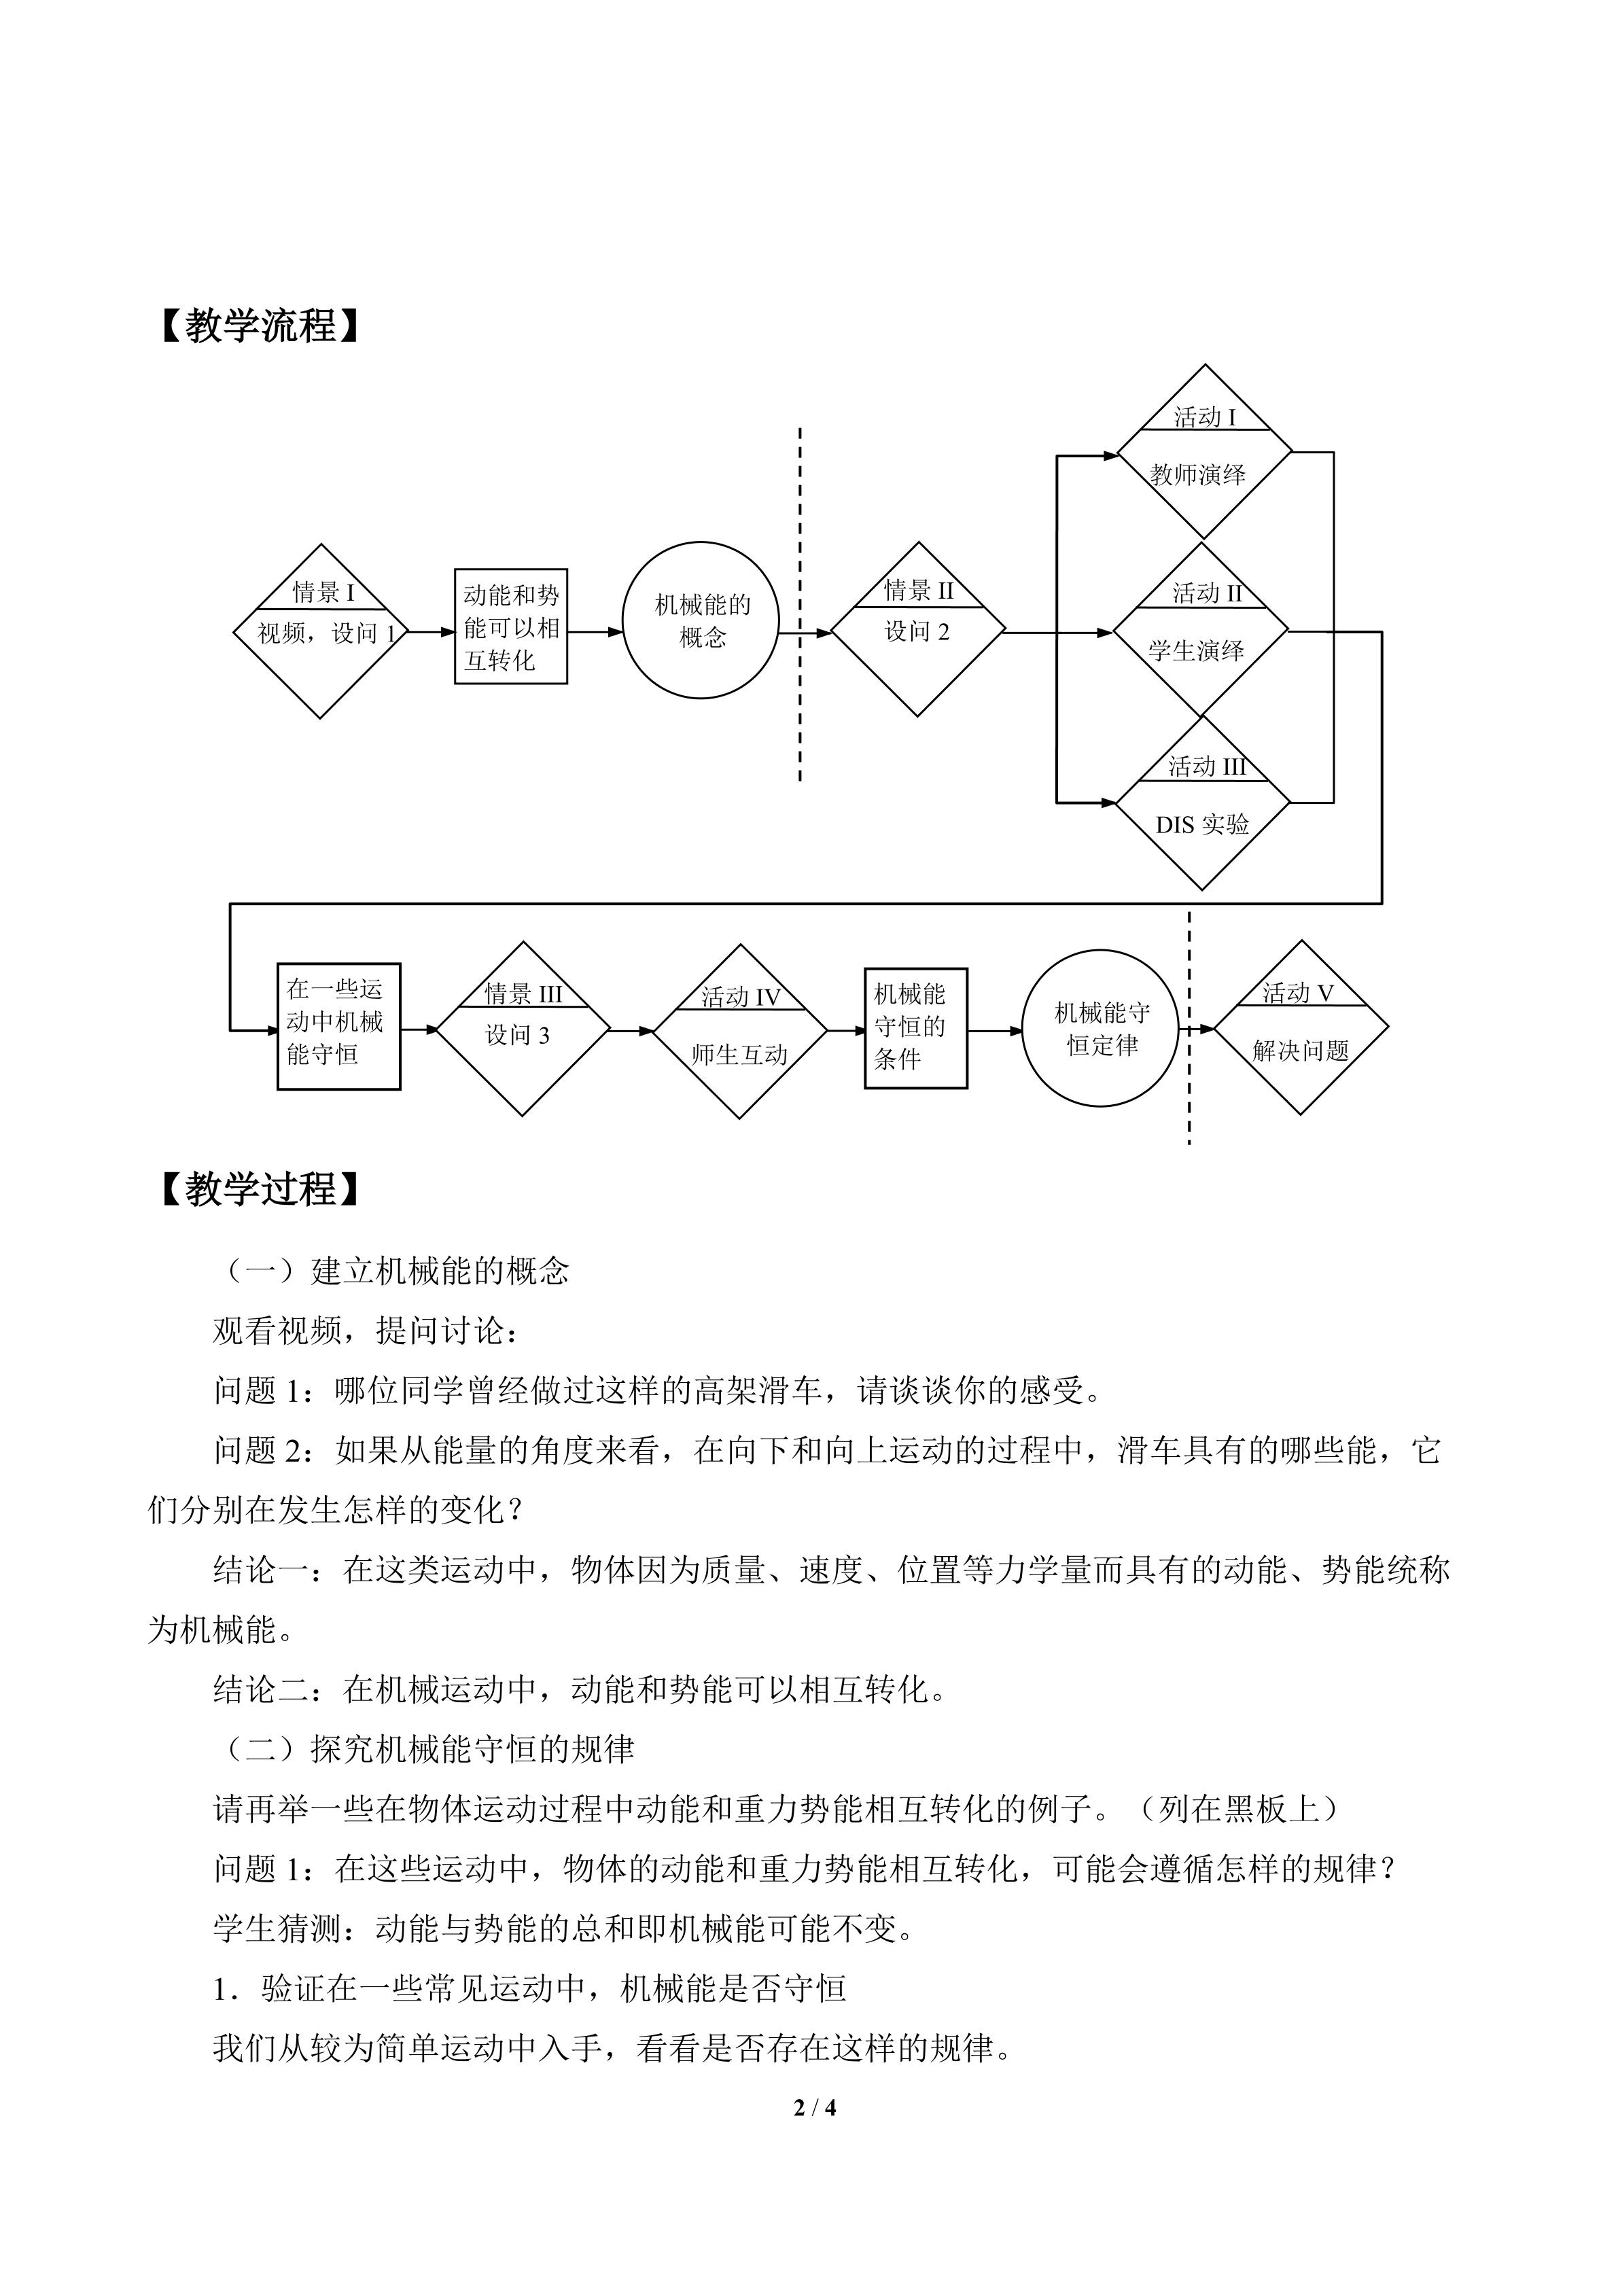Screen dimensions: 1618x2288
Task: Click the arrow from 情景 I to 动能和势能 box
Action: pos(432,632)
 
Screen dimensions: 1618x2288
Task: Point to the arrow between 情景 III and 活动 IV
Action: pos(632,1030)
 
